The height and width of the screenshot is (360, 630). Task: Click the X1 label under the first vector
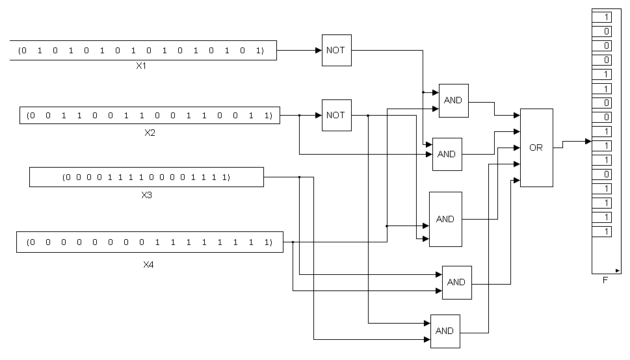(141, 66)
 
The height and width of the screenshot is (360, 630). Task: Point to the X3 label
(146, 194)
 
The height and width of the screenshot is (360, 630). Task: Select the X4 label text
(148, 264)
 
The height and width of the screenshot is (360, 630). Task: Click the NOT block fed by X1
(336, 50)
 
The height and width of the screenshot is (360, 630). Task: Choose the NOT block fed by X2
(336, 115)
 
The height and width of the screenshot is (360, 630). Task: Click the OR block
(536, 148)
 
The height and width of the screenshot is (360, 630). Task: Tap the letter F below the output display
(605, 281)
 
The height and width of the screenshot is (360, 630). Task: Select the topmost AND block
(453, 100)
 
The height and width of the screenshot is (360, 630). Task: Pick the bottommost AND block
(445, 331)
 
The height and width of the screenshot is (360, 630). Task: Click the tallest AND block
(445, 219)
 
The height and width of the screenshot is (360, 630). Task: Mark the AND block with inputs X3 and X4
(456, 282)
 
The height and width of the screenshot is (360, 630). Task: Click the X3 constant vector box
(146, 177)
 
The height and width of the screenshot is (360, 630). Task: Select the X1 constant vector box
(143, 50)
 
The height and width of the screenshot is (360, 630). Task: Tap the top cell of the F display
(602, 17)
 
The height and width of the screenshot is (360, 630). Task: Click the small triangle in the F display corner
(617, 270)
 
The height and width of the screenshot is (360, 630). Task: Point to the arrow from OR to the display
(586, 141)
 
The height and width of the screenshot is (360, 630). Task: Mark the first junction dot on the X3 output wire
(299, 177)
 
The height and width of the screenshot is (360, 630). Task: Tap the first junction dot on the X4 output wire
(293, 242)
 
